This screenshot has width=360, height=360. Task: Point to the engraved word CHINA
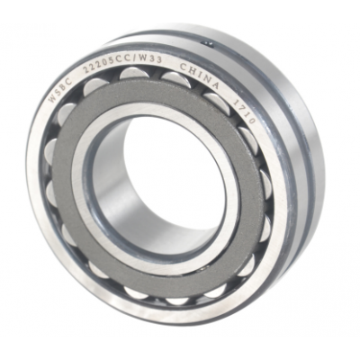pyautogui.click(x=199, y=75)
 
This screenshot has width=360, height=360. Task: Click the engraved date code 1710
pyautogui.click(x=245, y=112)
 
